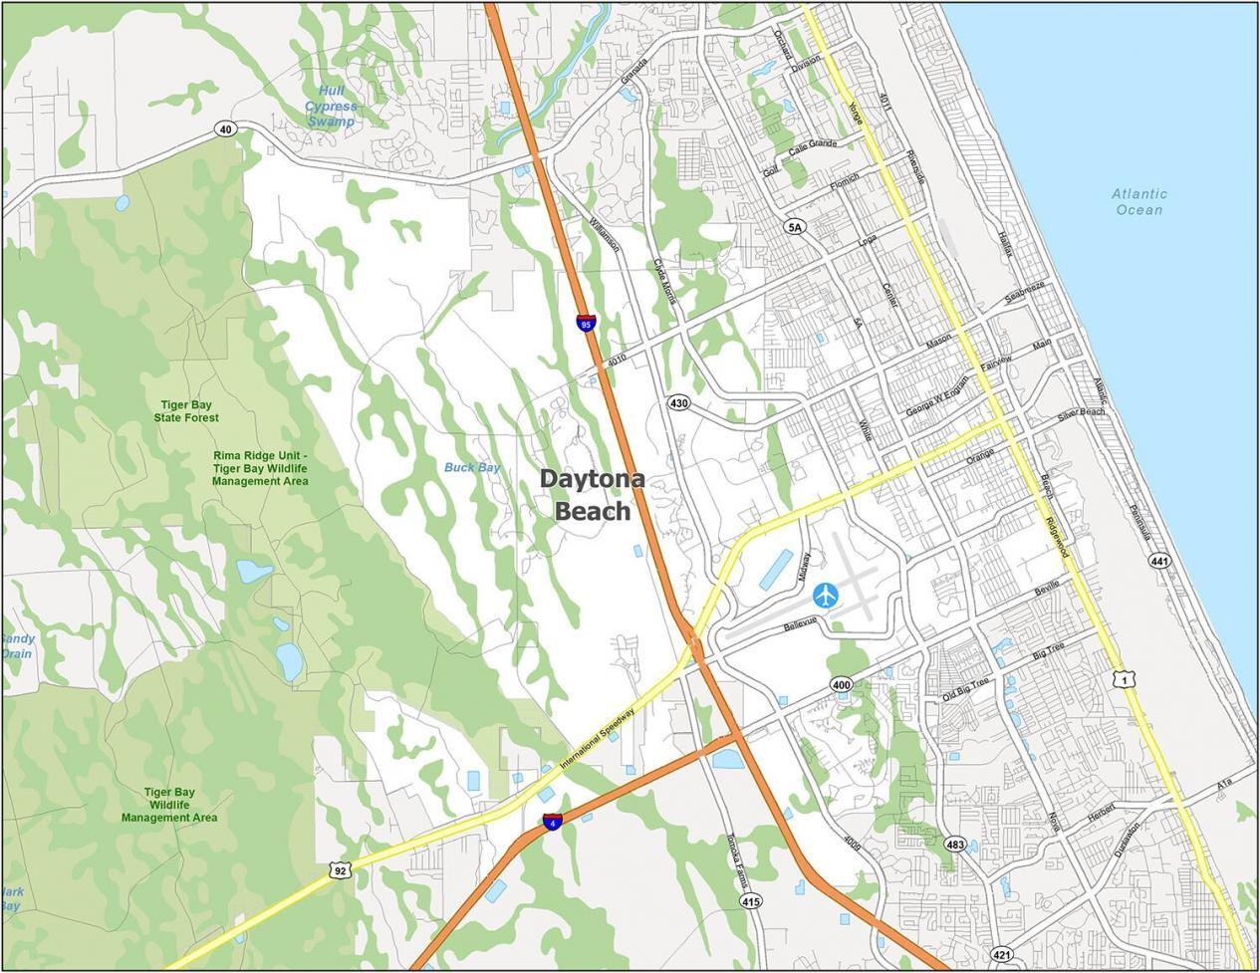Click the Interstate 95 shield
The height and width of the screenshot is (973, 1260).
pos(587,323)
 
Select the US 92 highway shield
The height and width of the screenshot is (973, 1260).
pos(341,869)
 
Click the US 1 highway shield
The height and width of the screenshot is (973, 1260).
pos(1123,679)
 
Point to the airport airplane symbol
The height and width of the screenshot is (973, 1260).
pos(826,596)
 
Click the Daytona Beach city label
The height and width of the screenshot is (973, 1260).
pos(592,495)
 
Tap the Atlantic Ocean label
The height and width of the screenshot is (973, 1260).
pos(1139,202)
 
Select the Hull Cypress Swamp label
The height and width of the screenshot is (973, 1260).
pos(331,107)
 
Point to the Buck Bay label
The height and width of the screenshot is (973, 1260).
pos(472,467)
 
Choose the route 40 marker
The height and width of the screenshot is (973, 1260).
pos(226,128)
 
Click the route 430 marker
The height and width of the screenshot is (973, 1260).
pos(678,403)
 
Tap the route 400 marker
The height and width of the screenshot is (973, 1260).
pos(842,685)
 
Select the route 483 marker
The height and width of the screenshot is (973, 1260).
pos(955,844)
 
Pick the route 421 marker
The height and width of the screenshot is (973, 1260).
pos(1003,955)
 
